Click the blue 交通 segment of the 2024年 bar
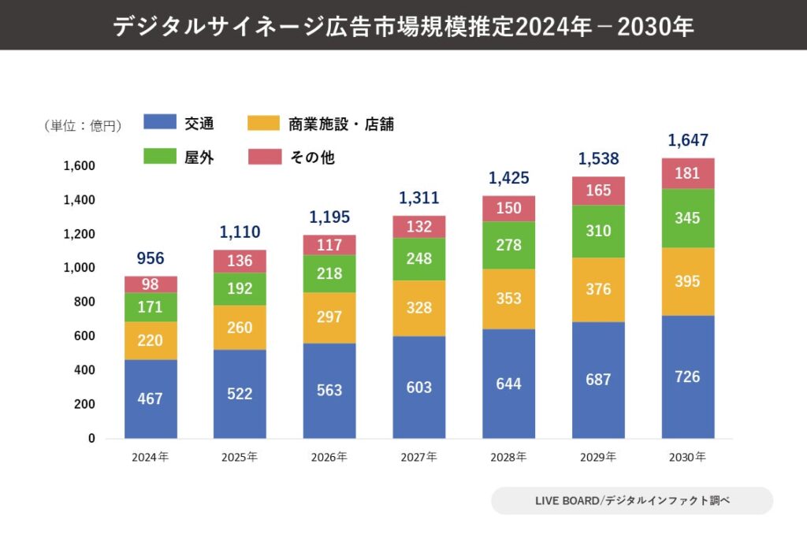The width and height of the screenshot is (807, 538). tap(151, 399)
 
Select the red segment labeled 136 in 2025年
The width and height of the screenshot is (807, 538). tap(240, 262)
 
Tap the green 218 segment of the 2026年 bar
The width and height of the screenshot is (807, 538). tap(329, 273)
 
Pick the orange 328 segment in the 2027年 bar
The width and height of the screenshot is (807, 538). tap(418, 308)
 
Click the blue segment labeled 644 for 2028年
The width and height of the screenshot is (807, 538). tap(508, 384)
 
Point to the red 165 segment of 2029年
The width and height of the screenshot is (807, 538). tap(598, 191)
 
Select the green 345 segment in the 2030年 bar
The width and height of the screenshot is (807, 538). tap(687, 218)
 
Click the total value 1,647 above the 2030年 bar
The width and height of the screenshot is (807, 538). tap(687, 141)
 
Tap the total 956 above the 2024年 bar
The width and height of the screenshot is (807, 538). tap(151, 258)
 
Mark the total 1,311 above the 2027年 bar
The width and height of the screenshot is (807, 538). tap(418, 198)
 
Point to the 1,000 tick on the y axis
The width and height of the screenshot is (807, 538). tap(79, 268)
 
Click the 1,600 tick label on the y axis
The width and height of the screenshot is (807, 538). tap(79, 166)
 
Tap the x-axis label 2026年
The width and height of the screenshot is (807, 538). tap(329, 457)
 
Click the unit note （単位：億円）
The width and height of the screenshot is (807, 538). tap(83, 125)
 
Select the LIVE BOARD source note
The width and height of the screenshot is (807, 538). tap(632, 501)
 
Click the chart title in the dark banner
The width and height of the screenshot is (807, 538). tap(403, 26)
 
